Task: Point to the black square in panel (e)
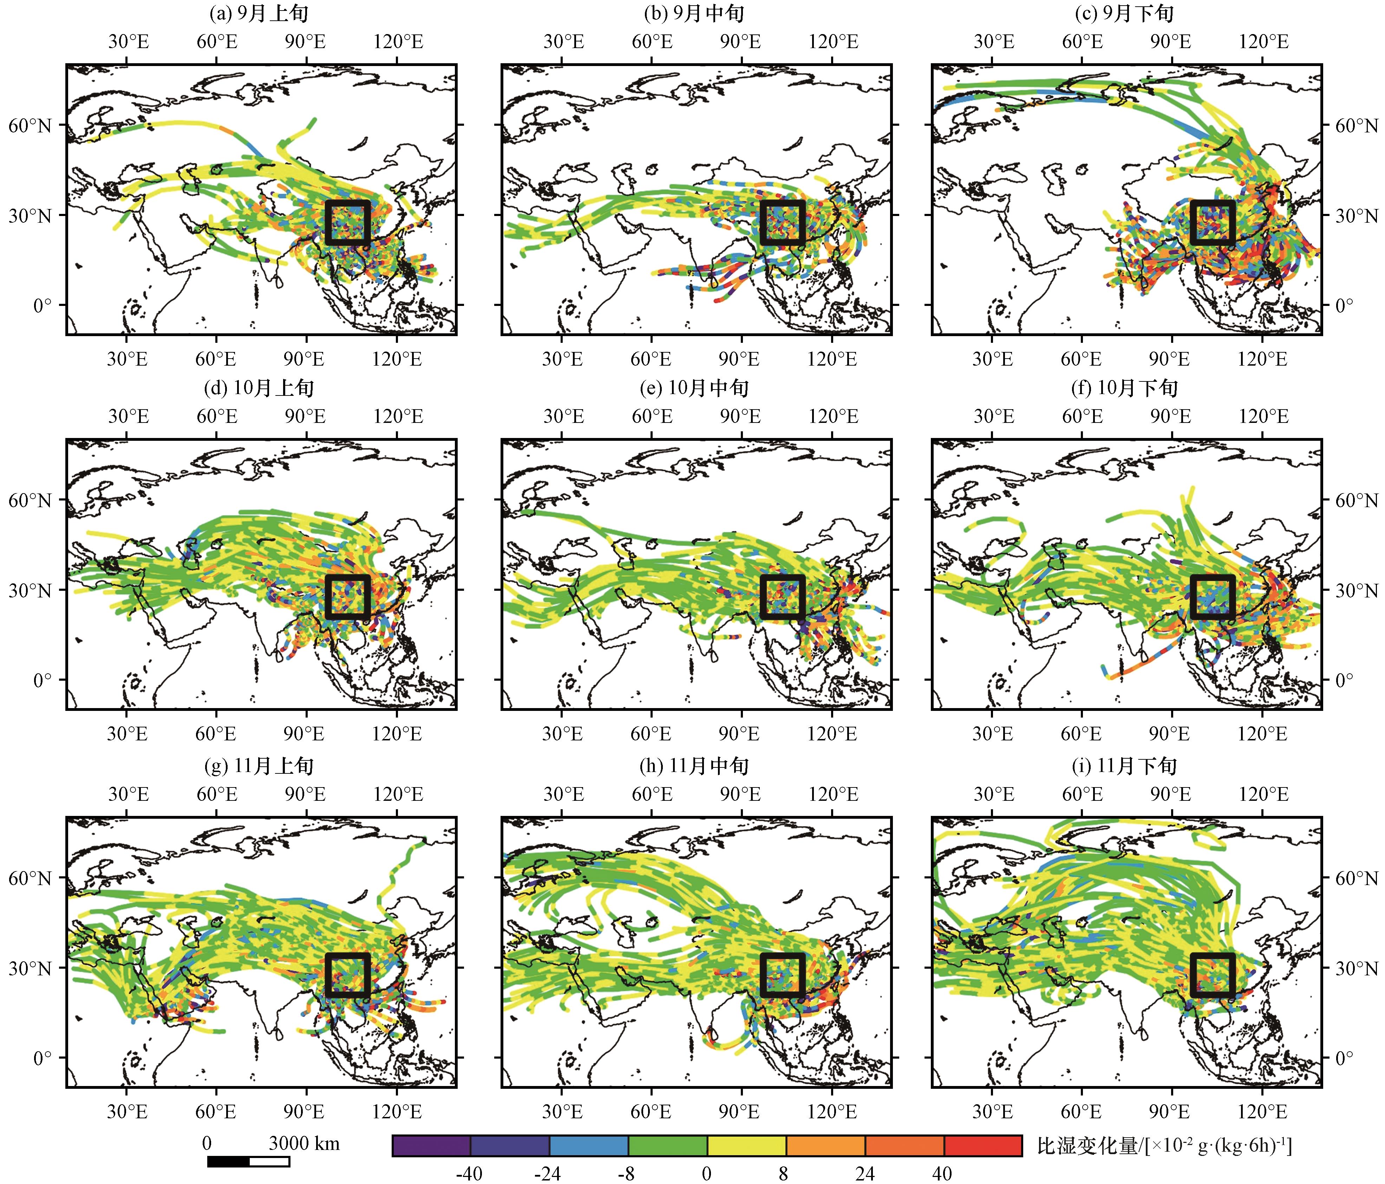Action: pyautogui.click(x=783, y=597)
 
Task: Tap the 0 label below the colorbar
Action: pyautogui.click(x=706, y=1174)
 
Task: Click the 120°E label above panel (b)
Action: pyautogui.click(x=833, y=41)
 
